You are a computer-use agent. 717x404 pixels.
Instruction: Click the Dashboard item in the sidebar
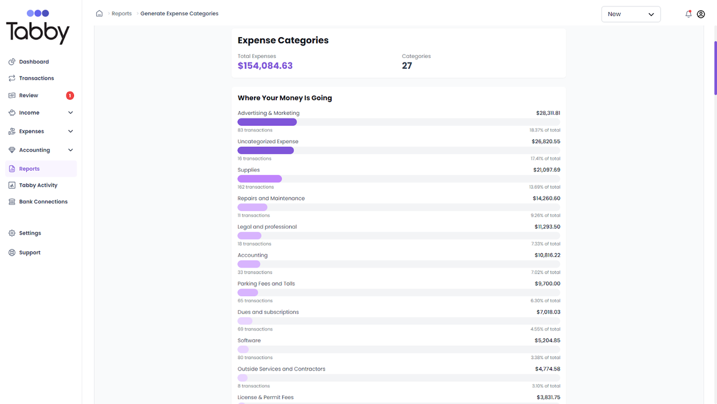(33, 62)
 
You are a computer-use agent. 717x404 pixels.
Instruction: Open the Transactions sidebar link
(36, 78)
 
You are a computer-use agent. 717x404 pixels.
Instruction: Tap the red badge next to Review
(70, 95)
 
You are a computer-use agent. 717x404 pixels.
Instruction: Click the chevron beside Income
(71, 113)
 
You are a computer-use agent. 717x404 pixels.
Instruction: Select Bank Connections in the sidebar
(43, 202)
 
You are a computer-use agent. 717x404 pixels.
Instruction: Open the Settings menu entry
(30, 233)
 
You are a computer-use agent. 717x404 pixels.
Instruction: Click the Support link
(29, 253)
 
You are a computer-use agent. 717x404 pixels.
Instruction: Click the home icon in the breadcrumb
(99, 14)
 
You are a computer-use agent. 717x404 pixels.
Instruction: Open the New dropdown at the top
(630, 14)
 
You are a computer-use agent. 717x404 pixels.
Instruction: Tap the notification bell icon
(688, 14)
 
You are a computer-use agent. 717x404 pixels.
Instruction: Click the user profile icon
(701, 14)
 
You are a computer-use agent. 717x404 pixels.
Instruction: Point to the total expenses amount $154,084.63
(265, 66)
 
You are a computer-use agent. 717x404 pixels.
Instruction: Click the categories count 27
(407, 66)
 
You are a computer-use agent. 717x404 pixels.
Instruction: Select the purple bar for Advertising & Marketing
(267, 122)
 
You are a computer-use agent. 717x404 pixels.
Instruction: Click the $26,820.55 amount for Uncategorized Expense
(546, 142)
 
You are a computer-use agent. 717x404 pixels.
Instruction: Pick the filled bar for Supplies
(259, 179)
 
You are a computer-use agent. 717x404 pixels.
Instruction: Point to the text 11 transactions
(253, 215)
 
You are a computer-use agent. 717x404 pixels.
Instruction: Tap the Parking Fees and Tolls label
(266, 284)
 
